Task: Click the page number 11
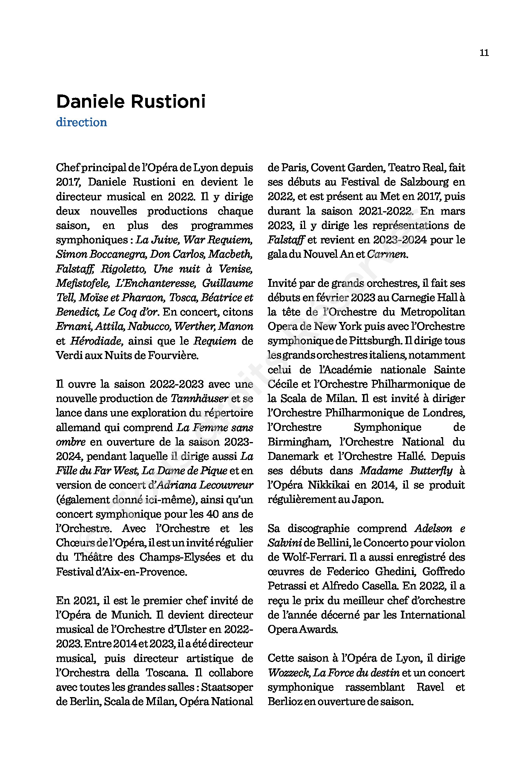(484, 53)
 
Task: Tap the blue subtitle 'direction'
(81, 122)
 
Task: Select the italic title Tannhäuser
(200, 399)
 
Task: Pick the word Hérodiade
(96, 341)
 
